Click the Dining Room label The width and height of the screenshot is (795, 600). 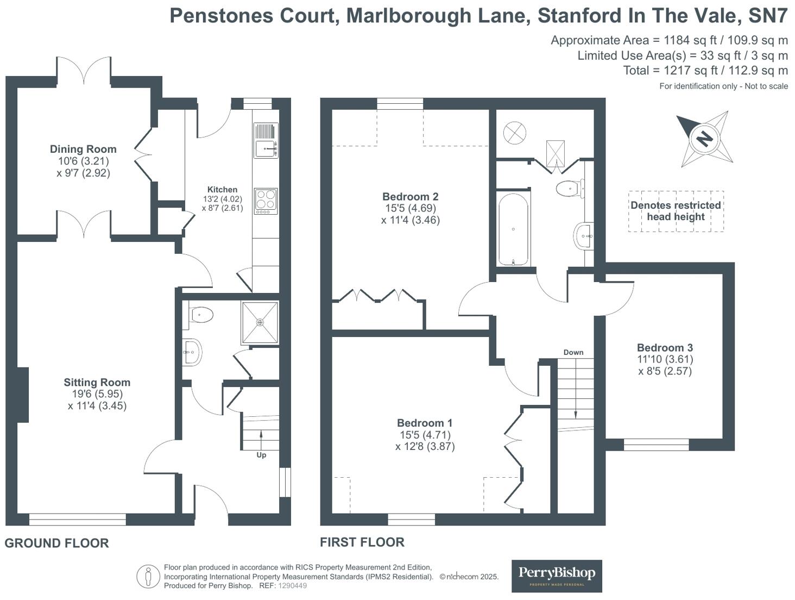(83, 149)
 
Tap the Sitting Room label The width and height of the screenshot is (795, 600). (97, 383)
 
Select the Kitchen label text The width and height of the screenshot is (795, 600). (222, 190)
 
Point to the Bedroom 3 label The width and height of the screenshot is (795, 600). (665, 348)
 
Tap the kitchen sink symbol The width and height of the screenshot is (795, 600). (266, 146)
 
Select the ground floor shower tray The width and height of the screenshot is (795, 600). (260, 322)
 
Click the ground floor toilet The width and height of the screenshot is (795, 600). (200, 315)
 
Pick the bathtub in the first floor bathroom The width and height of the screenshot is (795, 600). (513, 229)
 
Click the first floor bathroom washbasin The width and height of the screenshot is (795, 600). (583, 236)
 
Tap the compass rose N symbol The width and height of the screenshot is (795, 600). (704, 139)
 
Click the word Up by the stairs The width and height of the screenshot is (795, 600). (261, 455)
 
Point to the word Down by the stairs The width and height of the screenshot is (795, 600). (573, 352)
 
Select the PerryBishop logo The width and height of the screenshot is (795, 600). (557, 576)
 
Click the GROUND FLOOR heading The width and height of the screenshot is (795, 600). (57, 543)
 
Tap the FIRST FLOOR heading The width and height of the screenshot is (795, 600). (362, 542)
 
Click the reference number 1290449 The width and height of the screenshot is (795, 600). (292, 586)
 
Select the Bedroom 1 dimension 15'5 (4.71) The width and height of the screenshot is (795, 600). (425, 435)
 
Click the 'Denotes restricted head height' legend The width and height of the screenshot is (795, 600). (676, 211)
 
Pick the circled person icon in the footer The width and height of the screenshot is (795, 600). (148, 576)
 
